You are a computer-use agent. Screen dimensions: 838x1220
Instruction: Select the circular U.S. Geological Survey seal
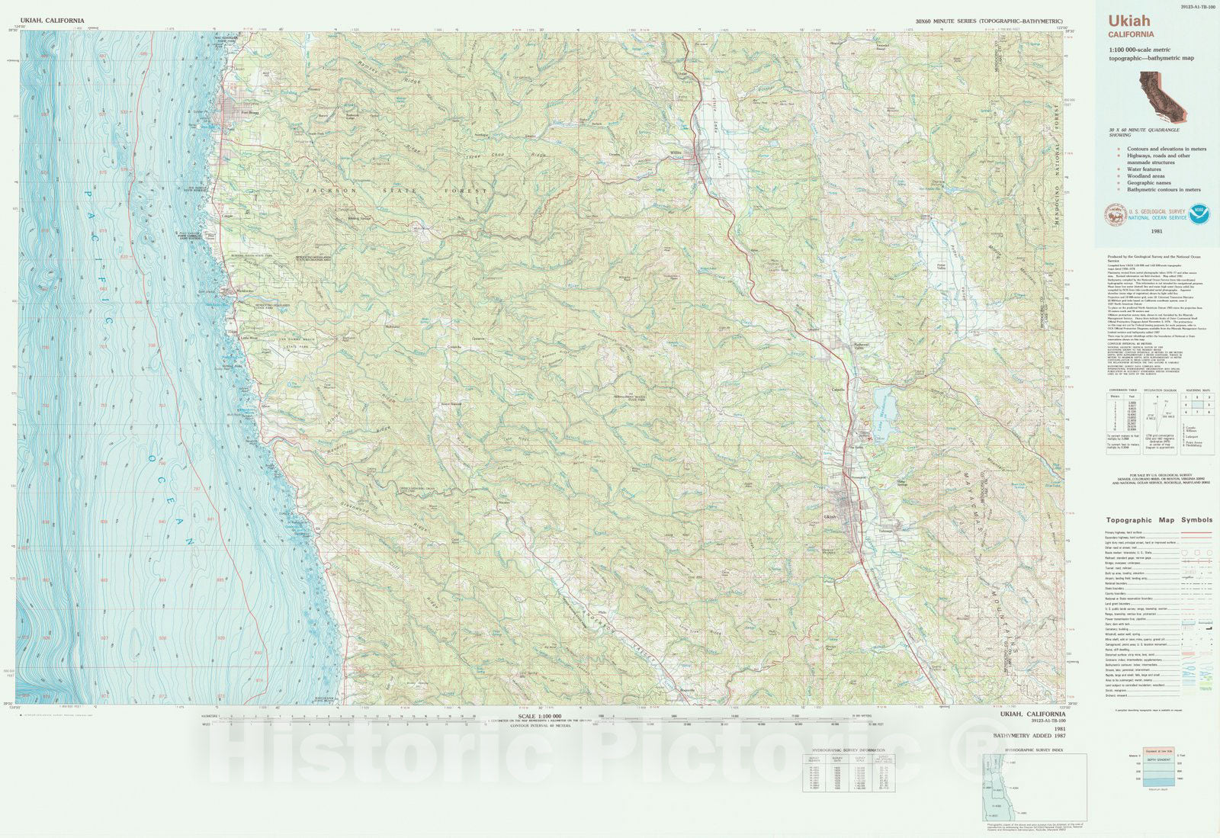[1115, 215]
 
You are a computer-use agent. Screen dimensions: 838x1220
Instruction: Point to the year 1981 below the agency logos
[1157, 231]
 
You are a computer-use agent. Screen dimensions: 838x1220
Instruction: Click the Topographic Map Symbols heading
[1159, 520]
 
